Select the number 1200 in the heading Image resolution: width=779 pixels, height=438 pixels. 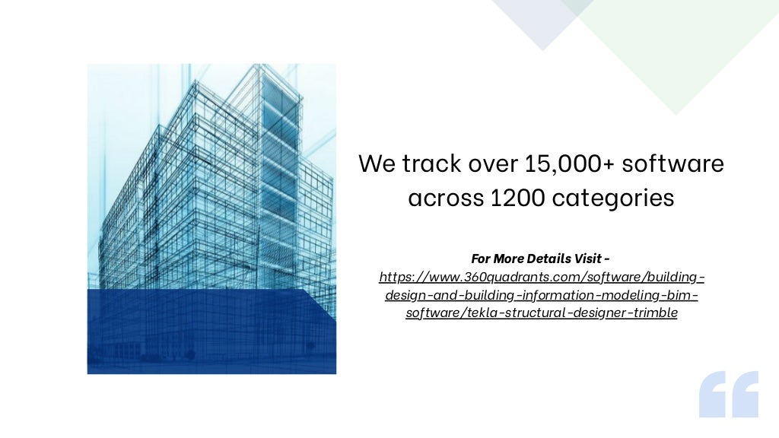(x=518, y=198)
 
